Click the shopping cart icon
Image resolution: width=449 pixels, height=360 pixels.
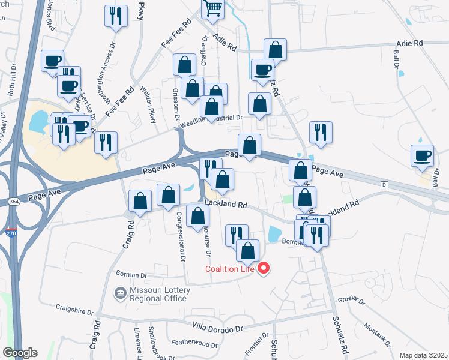click(x=212, y=8)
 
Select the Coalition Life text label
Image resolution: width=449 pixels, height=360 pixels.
click(x=230, y=269)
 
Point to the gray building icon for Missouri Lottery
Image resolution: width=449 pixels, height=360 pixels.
click(x=120, y=293)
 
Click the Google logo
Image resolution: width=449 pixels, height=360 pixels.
click(x=20, y=353)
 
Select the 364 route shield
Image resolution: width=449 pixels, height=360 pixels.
click(x=14, y=202)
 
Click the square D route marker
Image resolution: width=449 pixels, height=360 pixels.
click(x=384, y=184)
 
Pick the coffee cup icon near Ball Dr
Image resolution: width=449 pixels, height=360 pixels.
click(x=422, y=155)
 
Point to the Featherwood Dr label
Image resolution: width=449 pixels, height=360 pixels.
click(x=194, y=344)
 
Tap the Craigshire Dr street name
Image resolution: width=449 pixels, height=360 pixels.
click(x=75, y=312)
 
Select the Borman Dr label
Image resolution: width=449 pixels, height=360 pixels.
click(x=131, y=275)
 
